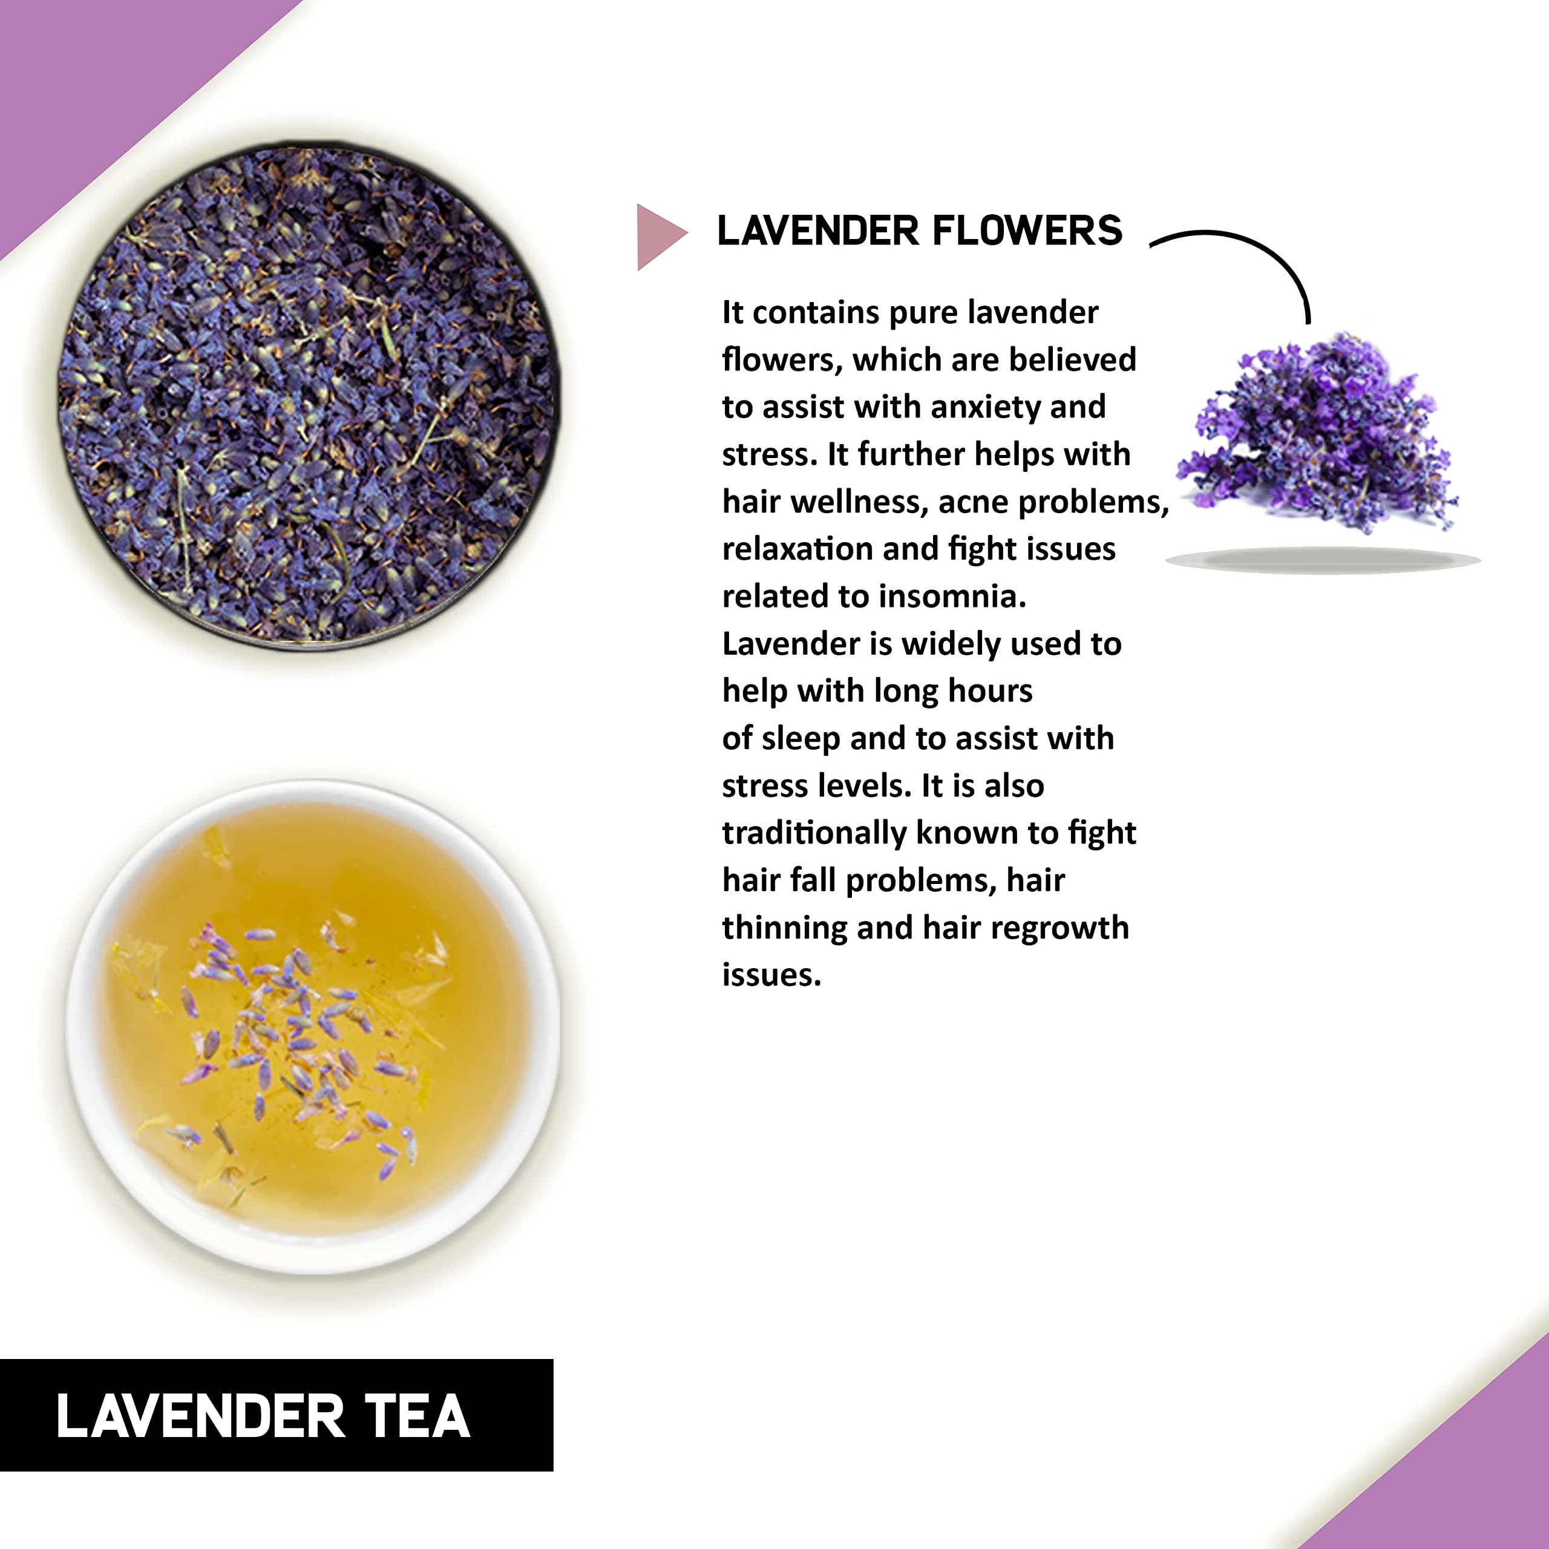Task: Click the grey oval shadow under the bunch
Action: point(1322,560)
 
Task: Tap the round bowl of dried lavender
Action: point(309,395)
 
